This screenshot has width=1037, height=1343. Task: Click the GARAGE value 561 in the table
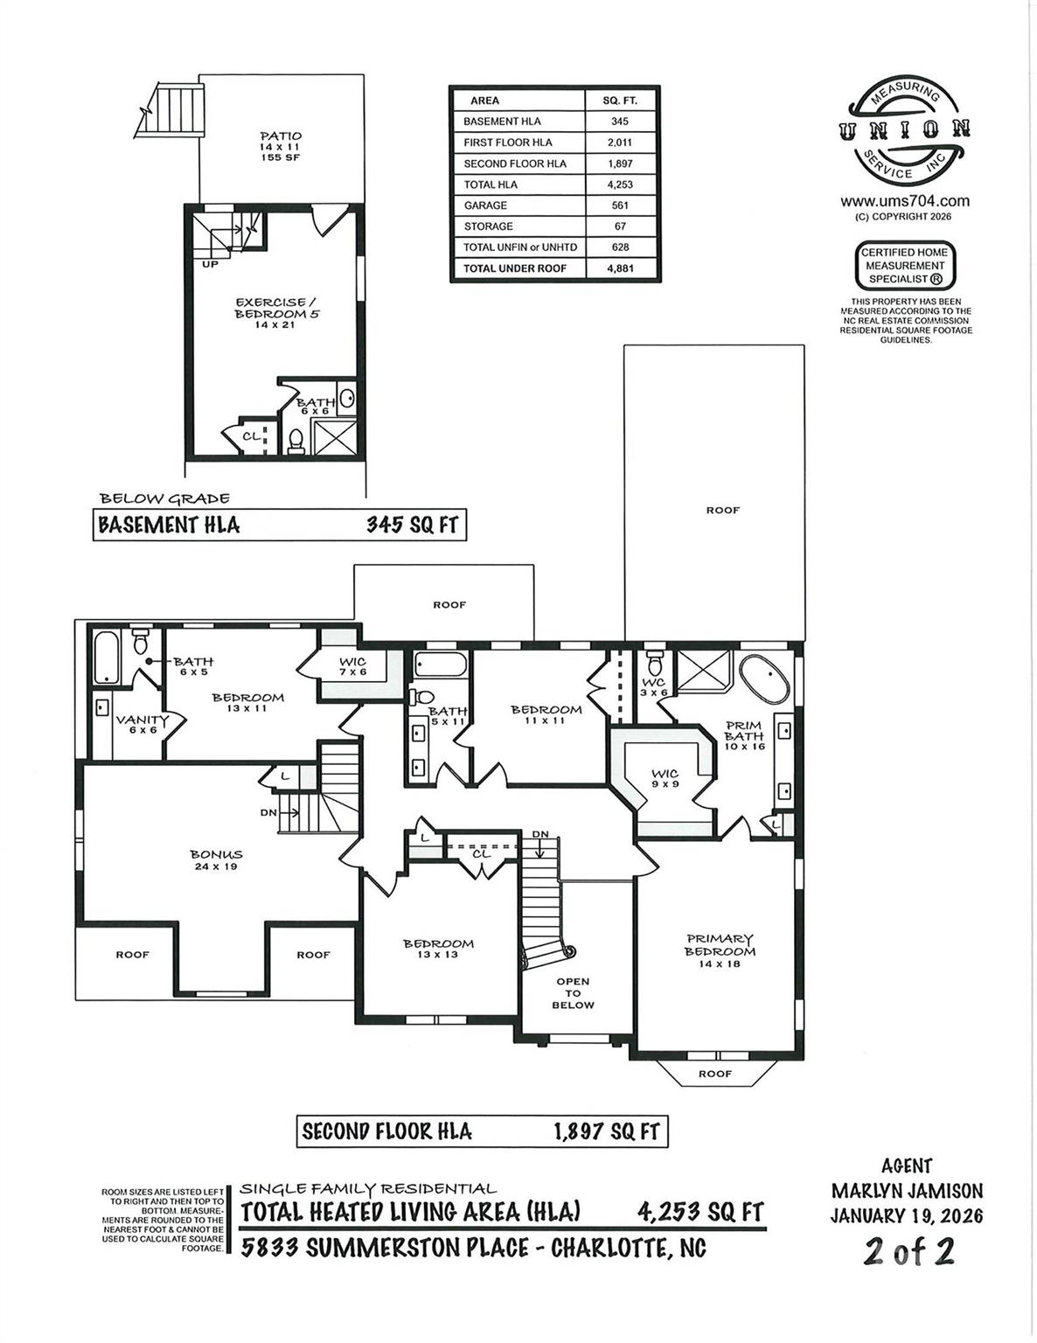pos(619,205)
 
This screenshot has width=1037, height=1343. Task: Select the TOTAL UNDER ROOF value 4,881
pos(620,268)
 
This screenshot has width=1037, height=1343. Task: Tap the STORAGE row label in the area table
pos(488,226)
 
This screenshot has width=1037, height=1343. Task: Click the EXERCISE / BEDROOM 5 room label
pos(277,308)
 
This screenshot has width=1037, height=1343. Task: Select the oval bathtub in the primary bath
pos(765,678)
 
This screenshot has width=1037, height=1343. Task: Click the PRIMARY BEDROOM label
pos(720,945)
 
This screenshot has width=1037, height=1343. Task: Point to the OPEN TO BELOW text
pos(573,993)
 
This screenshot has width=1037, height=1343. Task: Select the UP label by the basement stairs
pos(210,264)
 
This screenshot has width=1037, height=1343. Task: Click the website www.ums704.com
pos(905,201)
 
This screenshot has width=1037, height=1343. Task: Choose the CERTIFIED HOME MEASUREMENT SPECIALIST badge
pos(905,266)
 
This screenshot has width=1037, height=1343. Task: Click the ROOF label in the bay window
pos(715,1074)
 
